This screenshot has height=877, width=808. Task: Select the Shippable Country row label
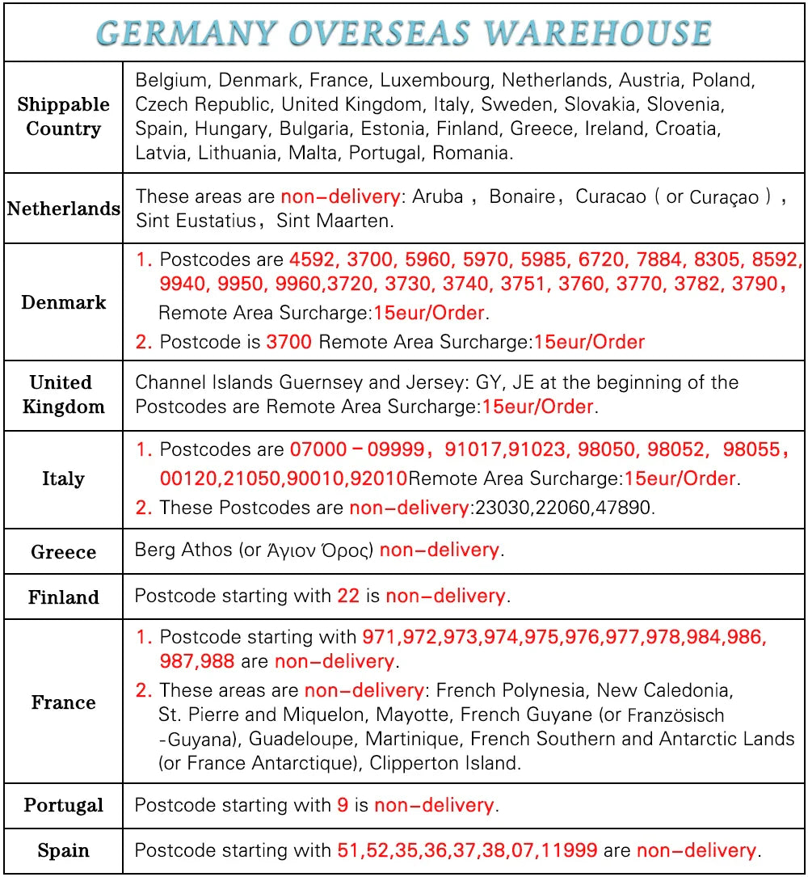pyautogui.click(x=63, y=116)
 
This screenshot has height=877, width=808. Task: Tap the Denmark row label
pyautogui.click(x=63, y=302)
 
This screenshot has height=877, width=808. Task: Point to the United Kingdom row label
pyautogui.click(x=63, y=394)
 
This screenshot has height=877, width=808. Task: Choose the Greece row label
pyautogui.click(x=63, y=553)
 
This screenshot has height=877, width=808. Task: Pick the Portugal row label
pyautogui.click(x=63, y=806)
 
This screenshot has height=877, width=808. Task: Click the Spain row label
pyautogui.click(x=63, y=851)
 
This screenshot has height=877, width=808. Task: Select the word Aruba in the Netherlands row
pyautogui.click(x=438, y=196)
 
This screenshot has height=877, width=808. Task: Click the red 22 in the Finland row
pyautogui.click(x=348, y=597)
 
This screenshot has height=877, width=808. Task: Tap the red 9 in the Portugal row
pyautogui.click(x=343, y=806)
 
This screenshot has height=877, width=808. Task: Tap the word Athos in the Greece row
pyautogui.click(x=210, y=550)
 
